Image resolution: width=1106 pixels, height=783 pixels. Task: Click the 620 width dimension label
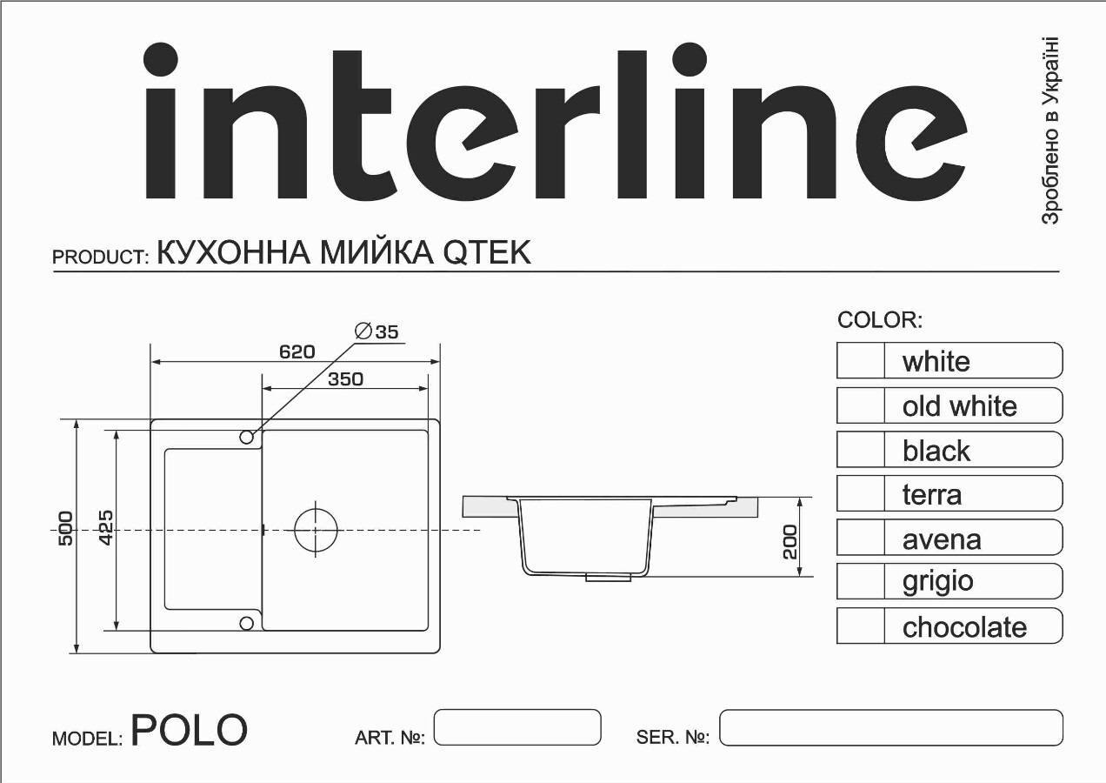click(296, 351)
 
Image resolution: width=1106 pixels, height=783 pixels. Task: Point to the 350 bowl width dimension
click(346, 379)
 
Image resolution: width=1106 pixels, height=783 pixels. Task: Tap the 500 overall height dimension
click(66, 529)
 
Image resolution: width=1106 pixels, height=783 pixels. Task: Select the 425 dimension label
click(106, 528)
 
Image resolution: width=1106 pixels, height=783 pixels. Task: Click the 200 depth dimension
click(790, 542)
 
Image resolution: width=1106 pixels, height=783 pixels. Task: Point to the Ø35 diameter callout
click(376, 331)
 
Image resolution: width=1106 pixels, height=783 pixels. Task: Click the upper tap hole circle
click(246, 438)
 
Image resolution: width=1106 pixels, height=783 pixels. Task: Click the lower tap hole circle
click(246, 624)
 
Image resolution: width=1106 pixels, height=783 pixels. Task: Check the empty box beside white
click(861, 361)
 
